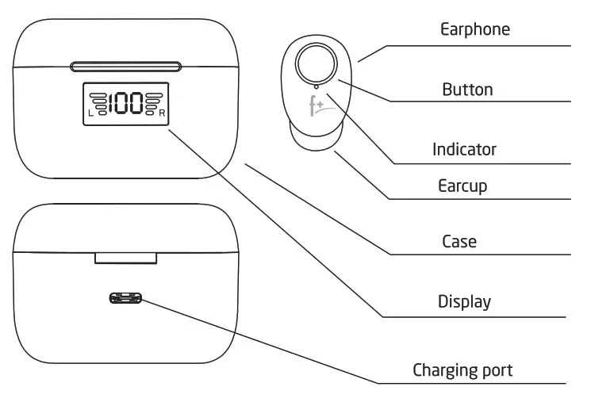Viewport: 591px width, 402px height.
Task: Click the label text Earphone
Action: pos(475,30)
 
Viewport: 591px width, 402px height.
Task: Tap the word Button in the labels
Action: pos(467,89)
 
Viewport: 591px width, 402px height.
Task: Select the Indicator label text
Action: pos(464,148)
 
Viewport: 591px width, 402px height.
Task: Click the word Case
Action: pos(459,240)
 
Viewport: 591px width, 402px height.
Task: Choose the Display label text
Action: pos(464,301)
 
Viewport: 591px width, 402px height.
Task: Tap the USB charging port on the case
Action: pos(126,299)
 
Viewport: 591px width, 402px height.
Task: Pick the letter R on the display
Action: pos(163,113)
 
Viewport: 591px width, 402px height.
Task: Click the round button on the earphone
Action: pos(315,63)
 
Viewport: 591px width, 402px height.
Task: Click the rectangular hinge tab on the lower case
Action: pos(126,258)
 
